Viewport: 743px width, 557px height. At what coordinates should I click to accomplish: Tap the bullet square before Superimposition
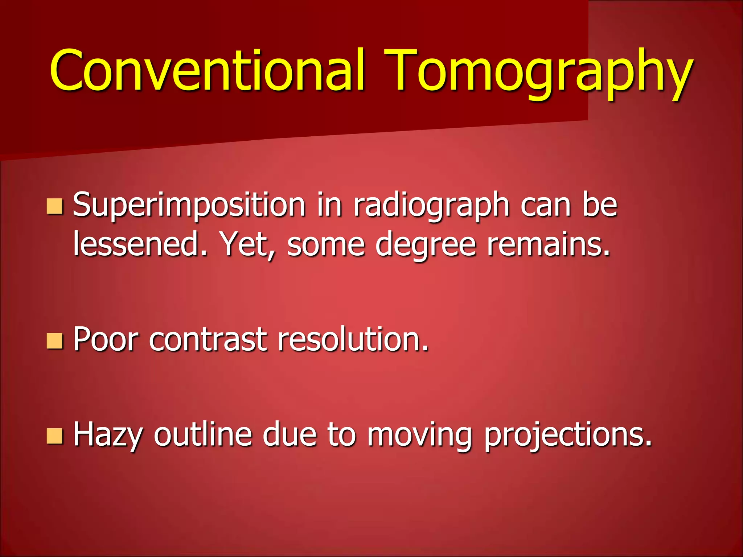55,206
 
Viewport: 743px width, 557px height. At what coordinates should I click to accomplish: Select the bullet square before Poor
55,341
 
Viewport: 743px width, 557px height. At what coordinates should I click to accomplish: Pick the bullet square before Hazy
55,436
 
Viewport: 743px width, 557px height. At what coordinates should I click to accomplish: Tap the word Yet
247,244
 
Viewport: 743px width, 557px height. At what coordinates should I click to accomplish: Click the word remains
548,244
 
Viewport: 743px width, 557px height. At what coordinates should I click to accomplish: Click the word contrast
208,340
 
